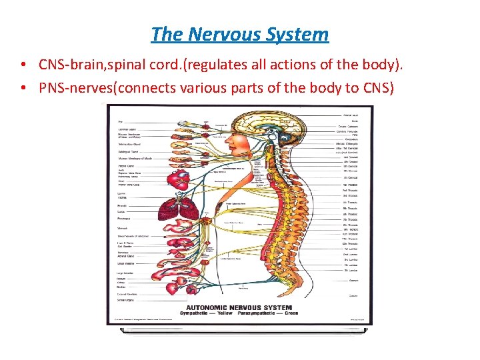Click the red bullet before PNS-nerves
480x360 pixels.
pos(23,87)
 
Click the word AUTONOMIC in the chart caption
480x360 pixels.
pos(206,307)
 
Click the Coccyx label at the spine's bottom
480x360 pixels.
pos(353,295)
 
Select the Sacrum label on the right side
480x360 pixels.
pos(353,281)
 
